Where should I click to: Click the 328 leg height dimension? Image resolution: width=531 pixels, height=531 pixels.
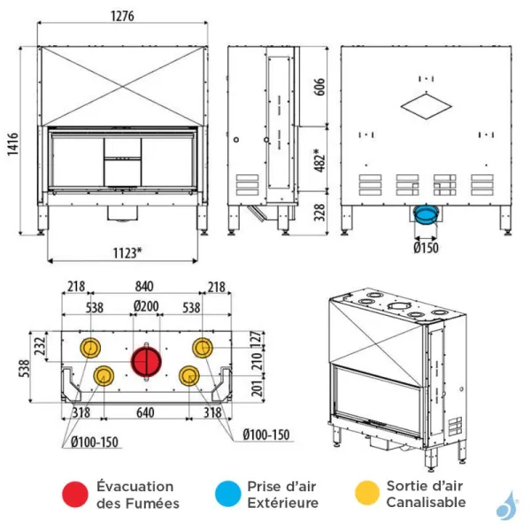319,212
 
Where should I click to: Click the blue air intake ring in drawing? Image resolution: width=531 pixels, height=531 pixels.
426,214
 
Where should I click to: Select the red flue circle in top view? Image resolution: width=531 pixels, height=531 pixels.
146,361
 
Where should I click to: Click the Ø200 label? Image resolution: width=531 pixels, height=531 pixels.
146,308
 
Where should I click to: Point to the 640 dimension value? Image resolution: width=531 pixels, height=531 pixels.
146,412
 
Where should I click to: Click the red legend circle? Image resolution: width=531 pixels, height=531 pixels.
77,494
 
